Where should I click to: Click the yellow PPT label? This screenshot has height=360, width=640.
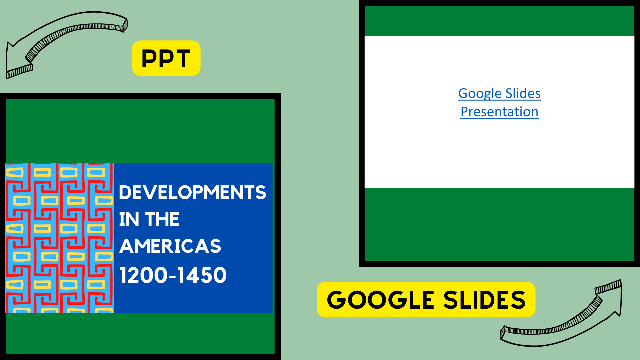pyautogui.click(x=166, y=58)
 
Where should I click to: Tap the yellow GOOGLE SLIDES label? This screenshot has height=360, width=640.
pyautogui.click(x=426, y=299)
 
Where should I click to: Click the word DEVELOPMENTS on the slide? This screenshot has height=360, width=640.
pyautogui.click(x=192, y=192)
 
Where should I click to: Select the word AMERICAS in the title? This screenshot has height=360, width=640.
pyautogui.click(x=170, y=246)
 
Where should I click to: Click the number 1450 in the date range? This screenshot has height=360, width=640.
pyautogui.click(x=202, y=275)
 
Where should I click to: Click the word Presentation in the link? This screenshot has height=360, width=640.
pyautogui.click(x=499, y=112)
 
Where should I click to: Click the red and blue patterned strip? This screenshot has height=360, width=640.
pyautogui.click(x=60, y=238)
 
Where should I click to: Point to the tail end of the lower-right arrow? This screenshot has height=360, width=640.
pyautogui.click(x=503, y=333)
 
